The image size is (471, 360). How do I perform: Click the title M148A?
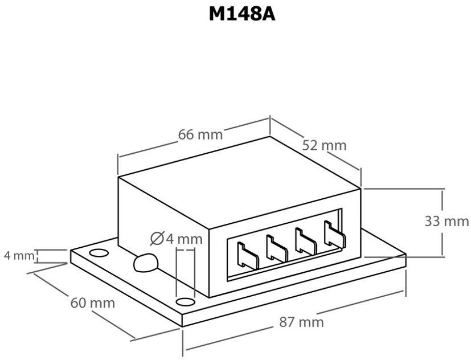(241, 14)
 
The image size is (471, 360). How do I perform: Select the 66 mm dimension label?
(200, 135)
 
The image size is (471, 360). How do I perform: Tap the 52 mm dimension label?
(324, 145)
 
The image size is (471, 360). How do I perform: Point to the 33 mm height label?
(447, 221)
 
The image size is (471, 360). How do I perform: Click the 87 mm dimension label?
(301, 322)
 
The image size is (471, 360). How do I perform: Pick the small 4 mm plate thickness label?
(19, 255)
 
